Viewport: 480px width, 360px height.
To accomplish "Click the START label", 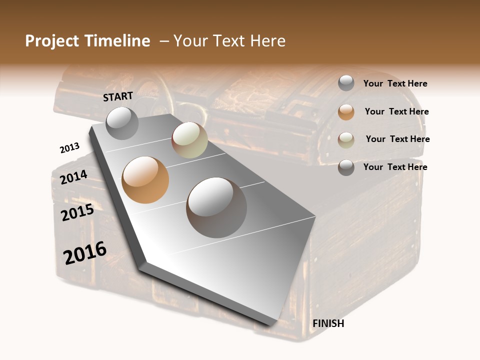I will point(118,96).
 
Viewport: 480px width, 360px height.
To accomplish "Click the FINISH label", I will point(328,323).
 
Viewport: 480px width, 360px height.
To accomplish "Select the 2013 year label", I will point(69,148).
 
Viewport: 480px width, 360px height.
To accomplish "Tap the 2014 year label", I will point(74,177).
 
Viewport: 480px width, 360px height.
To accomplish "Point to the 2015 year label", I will point(77,212).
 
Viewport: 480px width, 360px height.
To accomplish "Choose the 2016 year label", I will point(85,252).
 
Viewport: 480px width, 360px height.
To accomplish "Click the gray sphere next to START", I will point(122,123).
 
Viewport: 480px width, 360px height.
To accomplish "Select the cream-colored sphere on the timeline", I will point(189,140).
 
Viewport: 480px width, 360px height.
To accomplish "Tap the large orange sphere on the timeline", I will point(145,180).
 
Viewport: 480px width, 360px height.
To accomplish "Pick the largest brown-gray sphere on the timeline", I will point(216,207).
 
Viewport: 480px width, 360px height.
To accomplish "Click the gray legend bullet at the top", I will point(346,83).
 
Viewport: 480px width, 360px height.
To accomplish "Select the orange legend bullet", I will point(346,112).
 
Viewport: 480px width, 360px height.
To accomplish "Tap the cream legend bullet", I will point(346,140).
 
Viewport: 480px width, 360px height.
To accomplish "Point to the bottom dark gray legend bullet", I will point(346,168).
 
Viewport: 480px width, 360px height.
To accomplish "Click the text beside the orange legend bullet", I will point(396,111).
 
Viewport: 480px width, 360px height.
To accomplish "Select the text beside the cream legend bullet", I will point(397,139).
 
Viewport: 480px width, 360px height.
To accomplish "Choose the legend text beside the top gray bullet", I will point(395,83).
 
